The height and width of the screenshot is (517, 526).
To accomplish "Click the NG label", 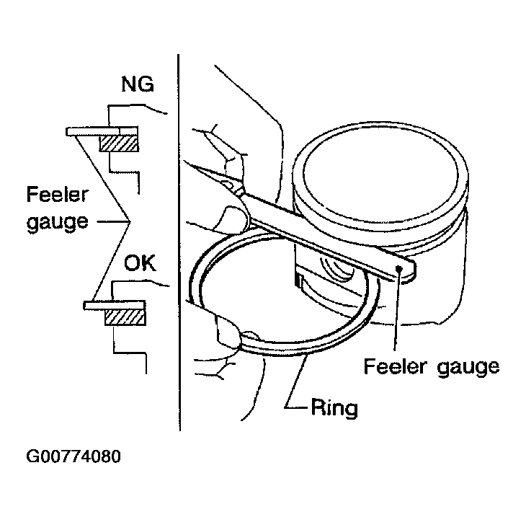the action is pos(138,84).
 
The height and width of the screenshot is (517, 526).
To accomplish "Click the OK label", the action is pos(141,263).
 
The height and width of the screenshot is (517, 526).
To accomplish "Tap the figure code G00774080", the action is pos(73,456).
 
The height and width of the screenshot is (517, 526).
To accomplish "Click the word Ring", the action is pos(334,409).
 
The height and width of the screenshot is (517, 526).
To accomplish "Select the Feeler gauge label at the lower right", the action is pos(432,368).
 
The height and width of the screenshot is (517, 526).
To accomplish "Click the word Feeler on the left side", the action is pos(57,195).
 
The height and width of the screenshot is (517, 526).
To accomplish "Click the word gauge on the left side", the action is pos(58,222).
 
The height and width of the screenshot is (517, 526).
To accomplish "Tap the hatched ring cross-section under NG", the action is pos(119,143).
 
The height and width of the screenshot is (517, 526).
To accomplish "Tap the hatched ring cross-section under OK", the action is pos(125,317).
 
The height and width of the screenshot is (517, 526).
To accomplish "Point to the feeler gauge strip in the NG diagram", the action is pos(102,131).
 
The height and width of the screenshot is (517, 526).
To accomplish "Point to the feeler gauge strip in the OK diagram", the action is pos(115,305).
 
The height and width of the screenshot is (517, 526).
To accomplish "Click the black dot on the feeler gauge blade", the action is pos(399,268).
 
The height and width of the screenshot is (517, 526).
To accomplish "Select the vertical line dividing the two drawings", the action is pos(179,242).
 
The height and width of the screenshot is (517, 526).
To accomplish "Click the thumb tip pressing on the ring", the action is pos(250,336).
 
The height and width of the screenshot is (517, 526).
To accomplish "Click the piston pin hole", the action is pos(337,268).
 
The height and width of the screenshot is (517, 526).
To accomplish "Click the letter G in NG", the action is pos(146,84).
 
